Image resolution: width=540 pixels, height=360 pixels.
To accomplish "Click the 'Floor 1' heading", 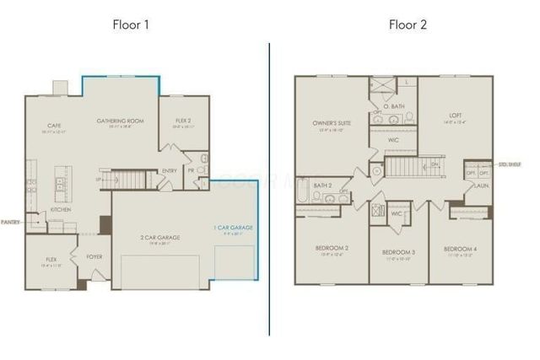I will pyautogui.click(x=131, y=24).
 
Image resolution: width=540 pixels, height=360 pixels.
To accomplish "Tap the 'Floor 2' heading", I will pyautogui.click(x=408, y=24).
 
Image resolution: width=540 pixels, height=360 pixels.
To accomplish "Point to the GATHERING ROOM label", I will pyautogui.click(x=120, y=121).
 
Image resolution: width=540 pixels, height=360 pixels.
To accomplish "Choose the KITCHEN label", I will pyautogui.click(x=60, y=209).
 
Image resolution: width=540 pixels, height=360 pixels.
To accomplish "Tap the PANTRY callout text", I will pyautogui.click(x=10, y=223).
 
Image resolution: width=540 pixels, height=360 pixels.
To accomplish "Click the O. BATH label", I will pyautogui.click(x=393, y=107).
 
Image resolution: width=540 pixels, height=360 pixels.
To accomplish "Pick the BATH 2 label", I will pyautogui.click(x=321, y=185).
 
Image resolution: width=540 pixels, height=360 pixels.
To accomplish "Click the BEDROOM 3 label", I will pyautogui.click(x=398, y=252).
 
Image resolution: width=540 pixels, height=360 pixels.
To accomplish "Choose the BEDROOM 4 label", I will pyautogui.click(x=461, y=250).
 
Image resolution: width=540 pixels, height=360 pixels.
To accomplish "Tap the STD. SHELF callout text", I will pyautogui.click(x=510, y=164).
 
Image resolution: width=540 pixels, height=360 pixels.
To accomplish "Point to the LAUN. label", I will pyautogui.click(x=481, y=185).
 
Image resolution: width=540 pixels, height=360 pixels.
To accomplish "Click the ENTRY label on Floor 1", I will pyautogui.click(x=169, y=170).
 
